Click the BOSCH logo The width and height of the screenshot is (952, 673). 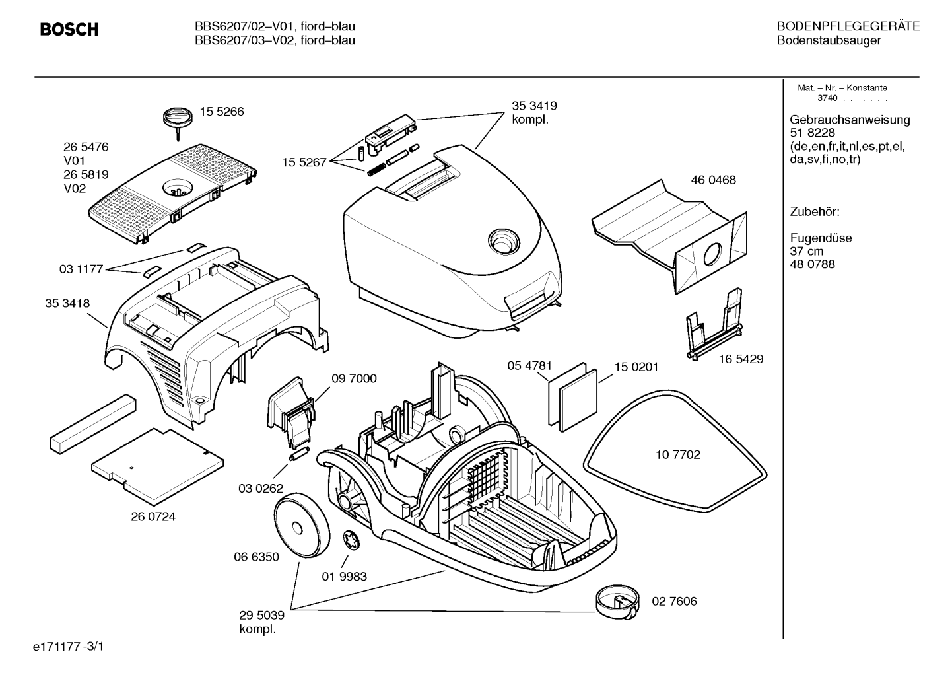click(69, 29)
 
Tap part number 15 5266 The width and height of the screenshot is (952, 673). click(222, 112)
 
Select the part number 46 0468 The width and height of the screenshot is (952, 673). click(713, 180)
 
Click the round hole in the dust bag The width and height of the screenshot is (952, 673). click(712, 255)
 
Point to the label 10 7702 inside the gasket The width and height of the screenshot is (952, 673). click(677, 455)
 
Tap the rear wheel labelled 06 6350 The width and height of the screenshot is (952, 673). click(301, 526)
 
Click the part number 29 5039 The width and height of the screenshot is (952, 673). click(262, 615)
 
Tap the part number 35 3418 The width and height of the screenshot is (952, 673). click(67, 303)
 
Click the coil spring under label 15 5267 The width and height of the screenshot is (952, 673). click(376, 170)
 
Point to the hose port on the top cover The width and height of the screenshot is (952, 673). click(504, 242)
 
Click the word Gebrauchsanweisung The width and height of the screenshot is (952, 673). click(850, 120)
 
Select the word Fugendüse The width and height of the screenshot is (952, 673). click(821, 238)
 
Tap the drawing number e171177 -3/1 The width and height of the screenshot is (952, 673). click(69, 647)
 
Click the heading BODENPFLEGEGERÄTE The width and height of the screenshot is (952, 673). click(848, 26)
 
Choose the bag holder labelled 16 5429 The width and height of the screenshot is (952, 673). click(714, 325)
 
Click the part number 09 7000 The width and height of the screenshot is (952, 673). click(354, 378)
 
